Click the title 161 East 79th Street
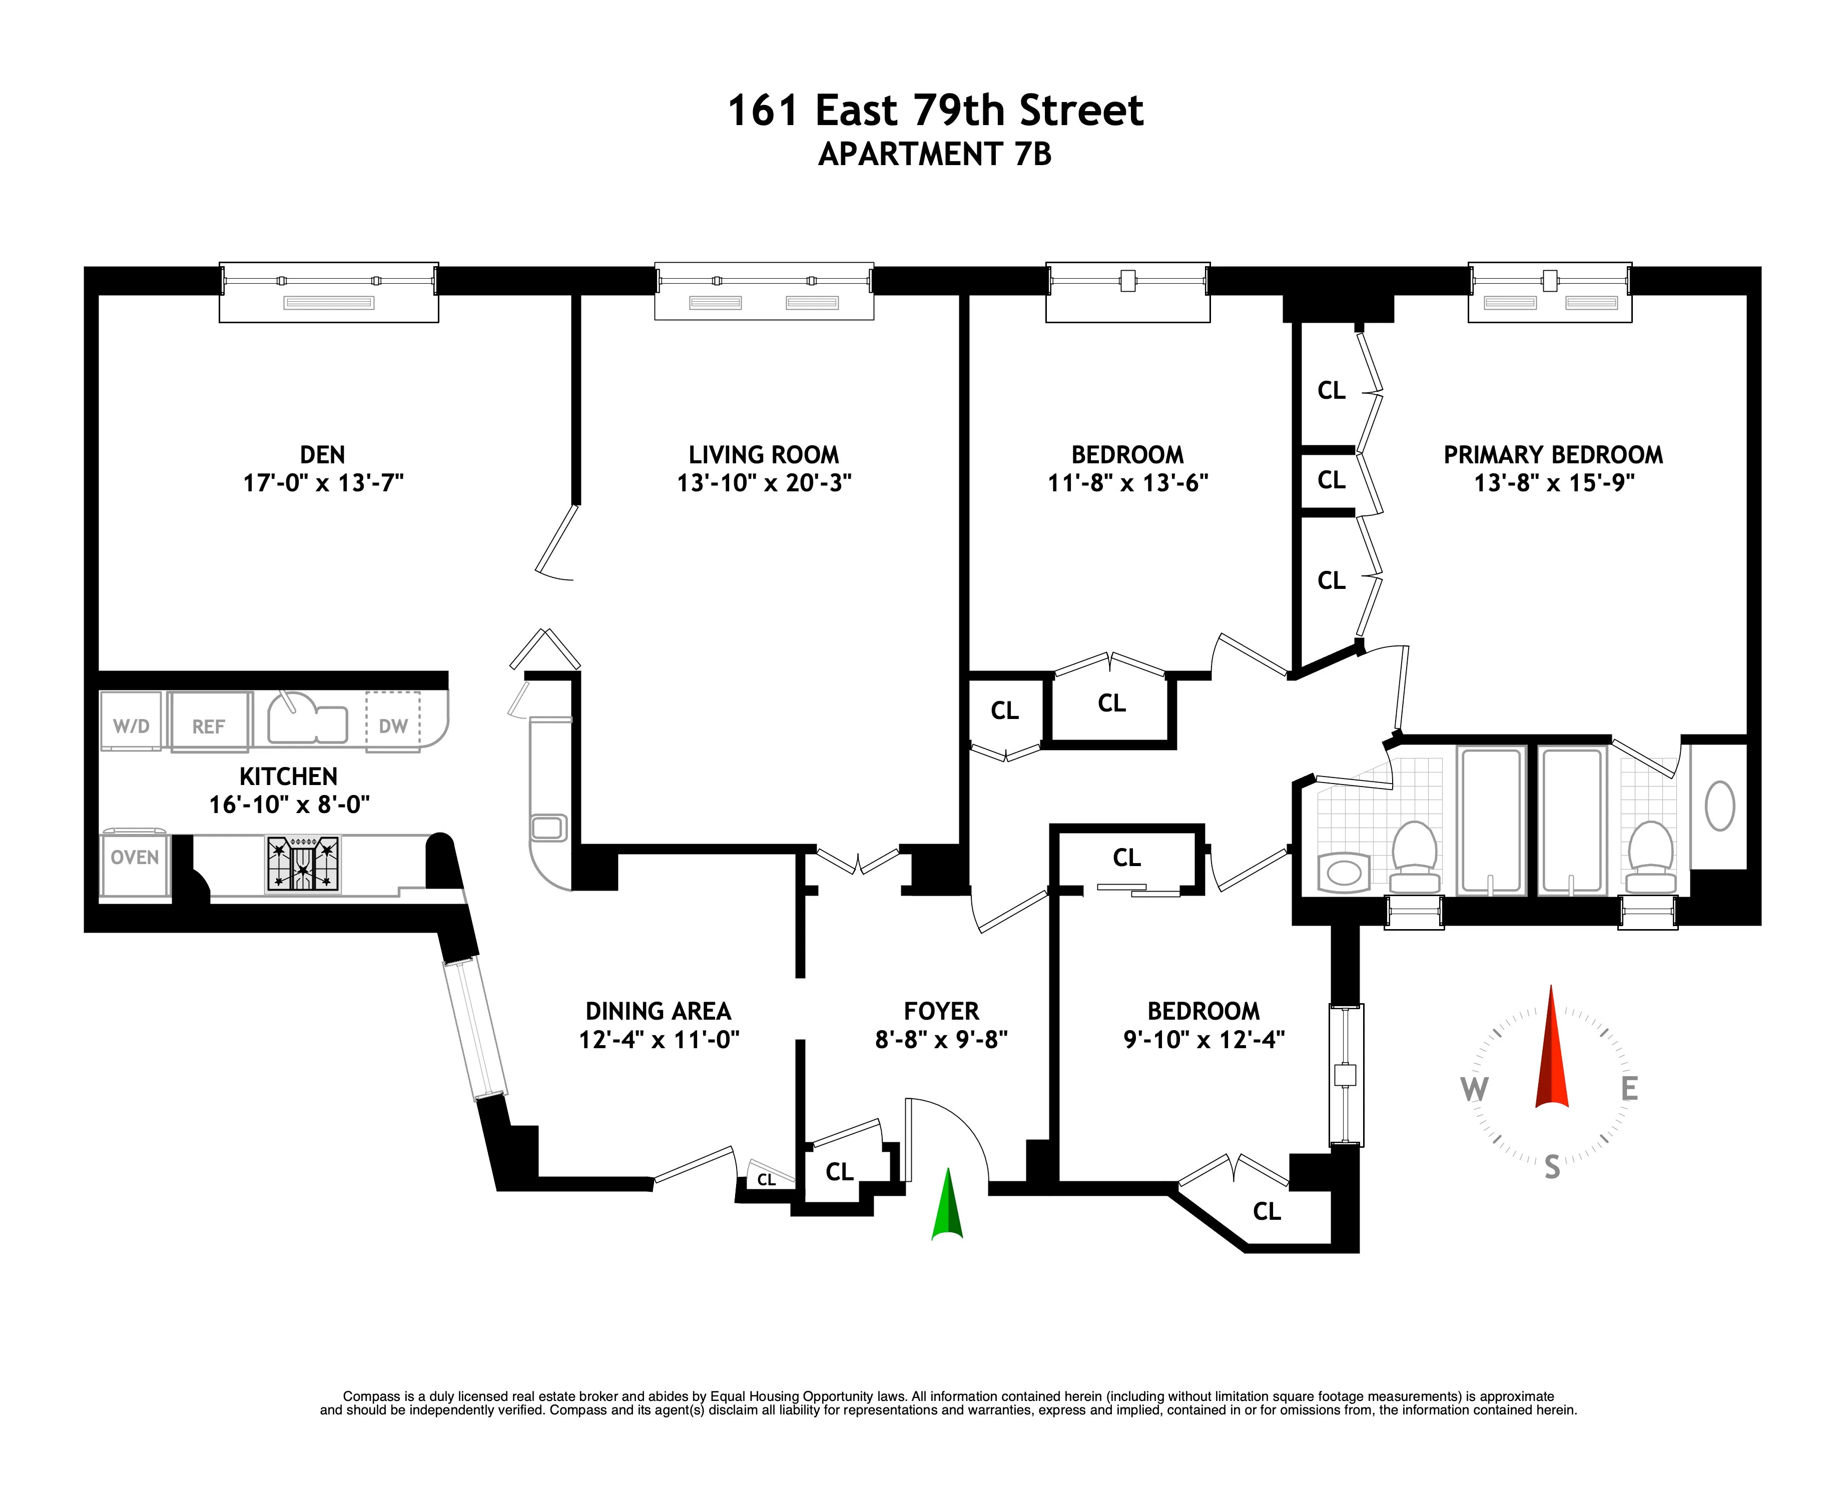(x=935, y=111)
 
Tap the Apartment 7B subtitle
(x=935, y=155)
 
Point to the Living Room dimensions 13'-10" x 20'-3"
(x=764, y=482)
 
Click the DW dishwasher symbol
(x=393, y=724)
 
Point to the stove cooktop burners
(x=303, y=864)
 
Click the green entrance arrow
(x=948, y=1206)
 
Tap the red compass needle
(x=1552, y=1051)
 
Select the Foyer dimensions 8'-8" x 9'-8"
(x=942, y=1039)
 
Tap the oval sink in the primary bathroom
(x=1719, y=806)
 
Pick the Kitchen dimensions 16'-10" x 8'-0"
(x=289, y=804)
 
